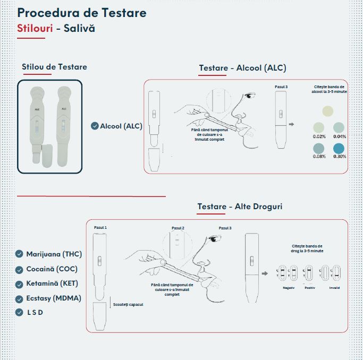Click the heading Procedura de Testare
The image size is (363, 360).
pyautogui.click(x=82, y=12)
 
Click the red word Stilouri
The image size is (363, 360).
pyautogui.click(x=35, y=28)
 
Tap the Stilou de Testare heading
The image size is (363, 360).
pyautogui.click(x=54, y=67)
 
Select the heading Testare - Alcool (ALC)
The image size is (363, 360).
pyautogui.click(x=242, y=68)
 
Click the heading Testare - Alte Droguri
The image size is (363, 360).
pyautogui.click(x=240, y=207)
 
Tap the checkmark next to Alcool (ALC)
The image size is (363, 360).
pyautogui.click(x=95, y=126)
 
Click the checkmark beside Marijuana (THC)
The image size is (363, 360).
pyautogui.click(x=20, y=254)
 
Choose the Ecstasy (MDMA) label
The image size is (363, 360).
pyautogui.click(x=54, y=298)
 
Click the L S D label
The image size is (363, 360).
pyautogui.click(x=35, y=312)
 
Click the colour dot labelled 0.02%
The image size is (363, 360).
pyautogui.click(x=319, y=127)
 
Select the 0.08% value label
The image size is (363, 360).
pyautogui.click(x=319, y=157)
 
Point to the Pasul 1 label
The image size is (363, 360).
pyautogui.click(x=100, y=227)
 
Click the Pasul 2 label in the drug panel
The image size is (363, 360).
pyautogui.click(x=178, y=228)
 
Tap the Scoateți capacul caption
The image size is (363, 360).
pyautogui.click(x=128, y=304)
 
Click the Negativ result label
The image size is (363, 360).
pyautogui.click(x=288, y=288)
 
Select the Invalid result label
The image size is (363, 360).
pyautogui.click(x=334, y=288)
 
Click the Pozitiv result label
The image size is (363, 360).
pyautogui.click(x=309, y=288)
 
